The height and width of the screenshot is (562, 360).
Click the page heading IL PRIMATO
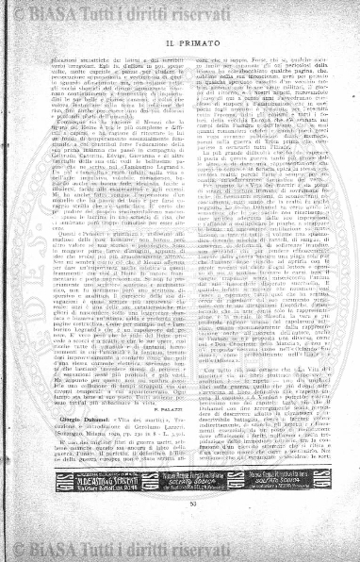178,42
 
